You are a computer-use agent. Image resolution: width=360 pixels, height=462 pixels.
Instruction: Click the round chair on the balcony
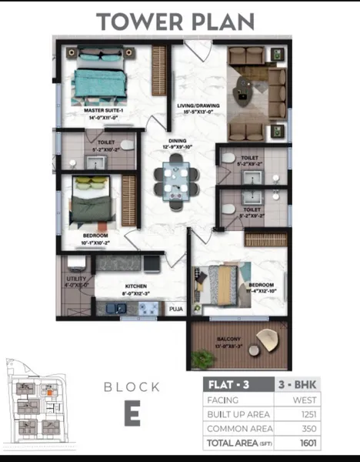pyautogui.click(x=270, y=339)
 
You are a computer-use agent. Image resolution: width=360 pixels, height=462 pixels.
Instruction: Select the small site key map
pyautogui.click(x=36, y=403)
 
